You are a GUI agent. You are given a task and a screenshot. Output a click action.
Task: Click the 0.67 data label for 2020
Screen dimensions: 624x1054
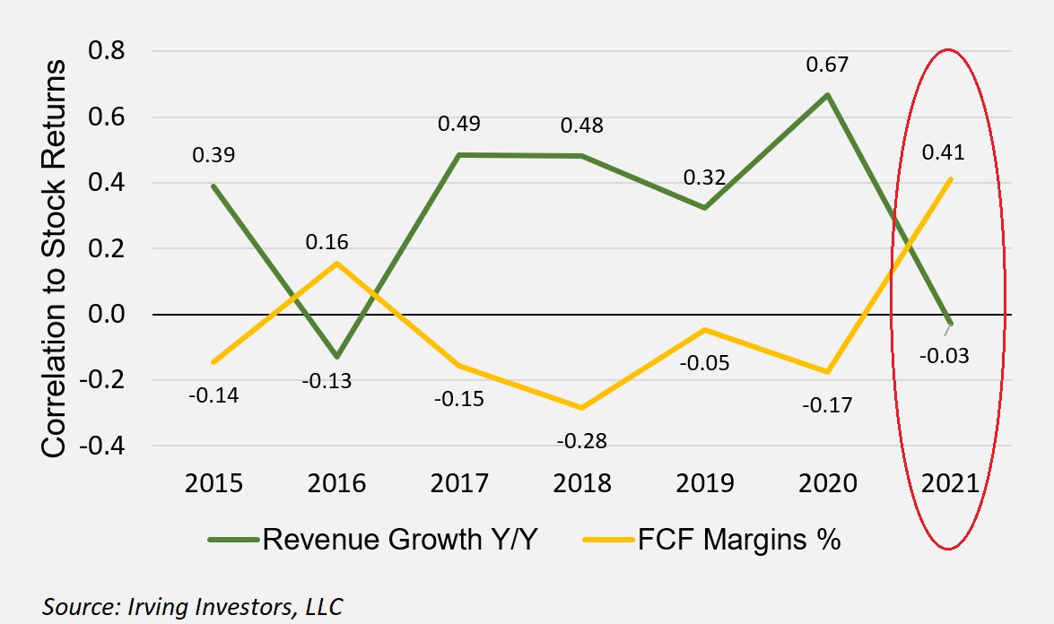tap(827, 65)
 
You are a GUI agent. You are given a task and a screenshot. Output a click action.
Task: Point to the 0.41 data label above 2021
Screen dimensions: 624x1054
tap(943, 153)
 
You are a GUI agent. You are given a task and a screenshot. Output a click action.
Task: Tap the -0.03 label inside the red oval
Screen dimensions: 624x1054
tap(945, 355)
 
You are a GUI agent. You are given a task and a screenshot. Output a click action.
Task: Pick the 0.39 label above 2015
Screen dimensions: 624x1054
tap(213, 155)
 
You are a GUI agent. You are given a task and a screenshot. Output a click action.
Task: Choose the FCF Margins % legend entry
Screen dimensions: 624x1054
tap(712, 540)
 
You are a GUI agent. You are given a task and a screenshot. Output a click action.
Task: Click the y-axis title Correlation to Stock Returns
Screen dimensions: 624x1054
tap(55, 259)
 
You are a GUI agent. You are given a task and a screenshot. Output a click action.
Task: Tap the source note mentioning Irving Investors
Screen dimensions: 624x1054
tap(193, 605)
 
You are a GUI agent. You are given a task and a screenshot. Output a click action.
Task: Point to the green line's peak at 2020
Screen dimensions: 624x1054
tap(827, 94)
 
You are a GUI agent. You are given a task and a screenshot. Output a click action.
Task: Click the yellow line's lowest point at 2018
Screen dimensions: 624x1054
tap(581, 408)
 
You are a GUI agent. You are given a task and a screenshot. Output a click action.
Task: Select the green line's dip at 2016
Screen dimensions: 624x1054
tap(336, 357)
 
